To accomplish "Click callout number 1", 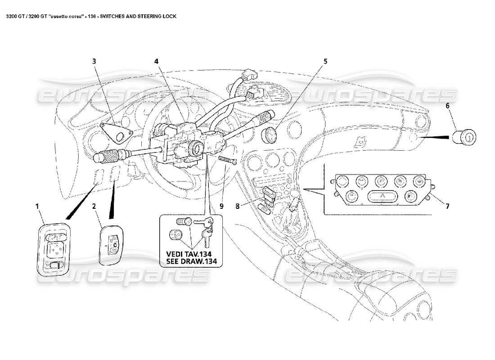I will [x=38, y=207].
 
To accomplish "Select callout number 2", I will [x=94, y=207].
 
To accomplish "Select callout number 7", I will [x=447, y=207].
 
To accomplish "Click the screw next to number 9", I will [x=228, y=160].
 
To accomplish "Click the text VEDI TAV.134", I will [x=191, y=254].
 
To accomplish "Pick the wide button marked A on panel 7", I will [x=382, y=196].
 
